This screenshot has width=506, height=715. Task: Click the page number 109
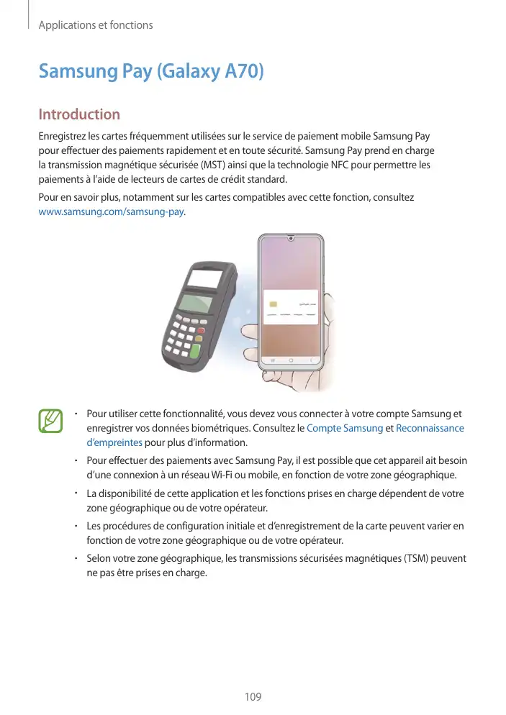(253, 697)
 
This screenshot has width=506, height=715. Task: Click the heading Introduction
(79, 114)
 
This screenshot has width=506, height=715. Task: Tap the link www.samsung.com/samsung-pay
(111, 212)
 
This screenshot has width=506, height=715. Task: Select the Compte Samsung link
(345, 428)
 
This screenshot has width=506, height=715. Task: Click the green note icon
(50, 421)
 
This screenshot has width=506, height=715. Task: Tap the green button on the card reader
(195, 350)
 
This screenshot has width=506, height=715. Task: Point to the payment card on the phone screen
(291, 305)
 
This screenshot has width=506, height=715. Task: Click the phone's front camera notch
(290, 238)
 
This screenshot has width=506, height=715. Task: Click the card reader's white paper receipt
(204, 278)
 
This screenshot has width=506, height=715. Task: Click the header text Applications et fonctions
(96, 25)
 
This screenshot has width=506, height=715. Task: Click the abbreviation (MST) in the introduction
(203, 165)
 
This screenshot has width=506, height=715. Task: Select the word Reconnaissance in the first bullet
(430, 428)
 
